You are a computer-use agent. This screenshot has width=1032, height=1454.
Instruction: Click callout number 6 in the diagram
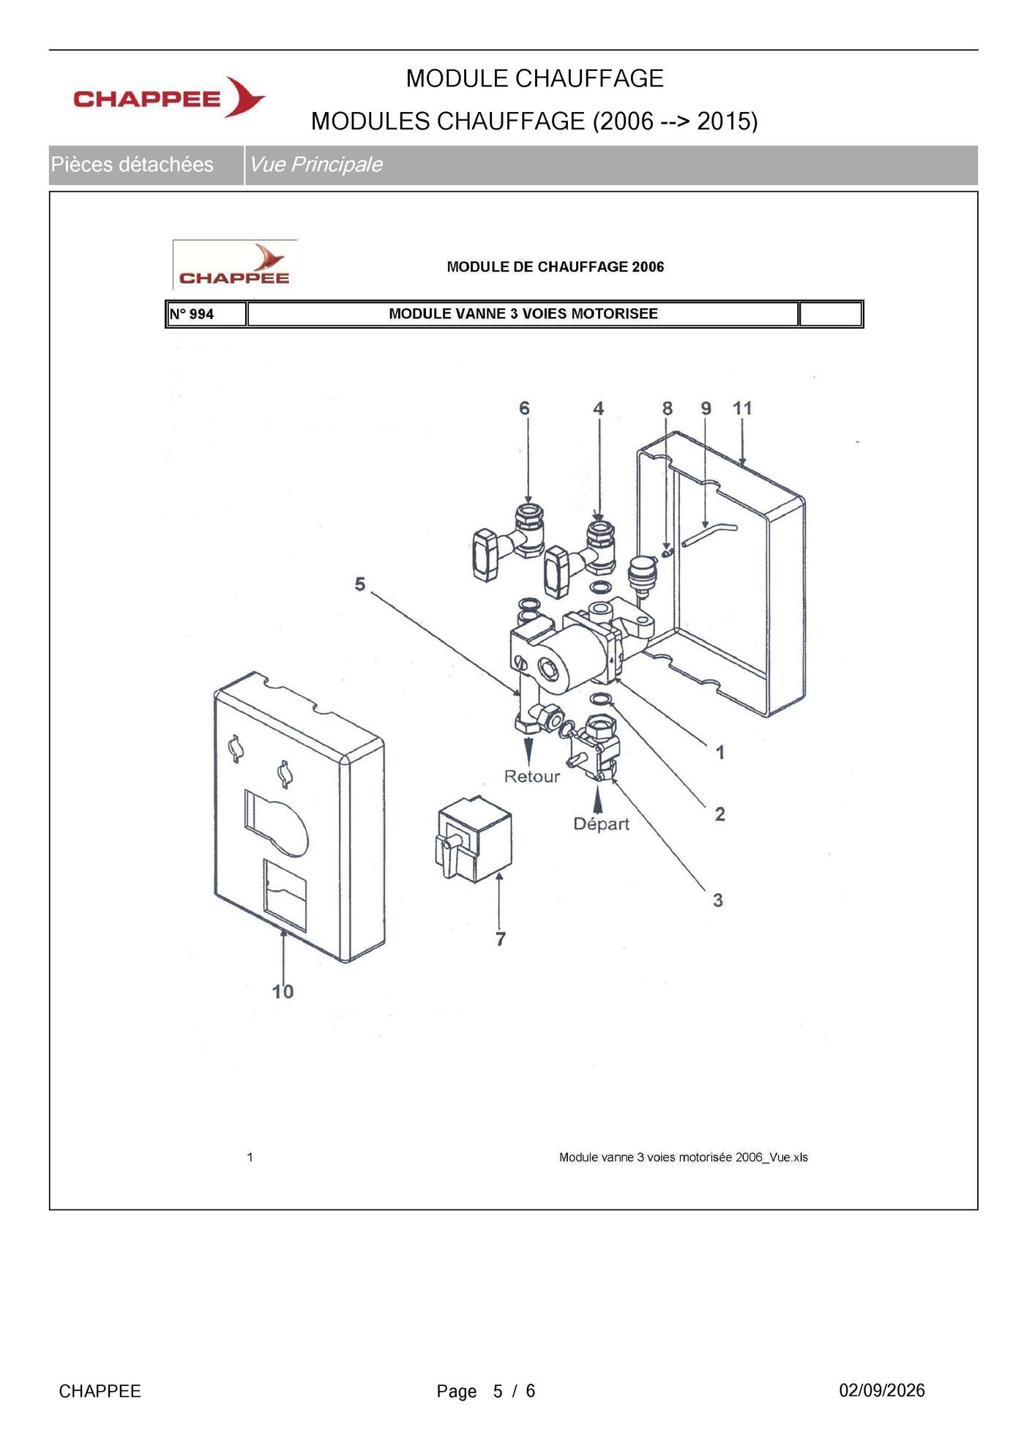click(x=524, y=409)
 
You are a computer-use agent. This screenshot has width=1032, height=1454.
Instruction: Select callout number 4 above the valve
click(x=599, y=409)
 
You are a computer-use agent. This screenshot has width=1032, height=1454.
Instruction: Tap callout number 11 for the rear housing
click(x=742, y=409)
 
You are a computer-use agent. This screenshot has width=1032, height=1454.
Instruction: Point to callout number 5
click(x=359, y=584)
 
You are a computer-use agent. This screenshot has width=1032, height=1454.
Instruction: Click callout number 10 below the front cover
click(x=283, y=991)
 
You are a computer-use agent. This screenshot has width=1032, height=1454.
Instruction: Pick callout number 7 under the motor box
click(x=501, y=939)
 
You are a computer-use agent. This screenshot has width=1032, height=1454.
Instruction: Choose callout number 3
click(x=718, y=900)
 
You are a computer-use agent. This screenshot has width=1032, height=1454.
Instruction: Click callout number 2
click(x=719, y=814)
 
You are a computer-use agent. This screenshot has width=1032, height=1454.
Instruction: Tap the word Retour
click(x=532, y=776)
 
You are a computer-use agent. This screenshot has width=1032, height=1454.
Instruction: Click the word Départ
click(x=601, y=824)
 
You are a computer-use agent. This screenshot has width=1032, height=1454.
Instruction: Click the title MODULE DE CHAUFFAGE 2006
click(x=556, y=266)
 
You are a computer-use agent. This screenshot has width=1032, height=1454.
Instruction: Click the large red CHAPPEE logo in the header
click(x=169, y=97)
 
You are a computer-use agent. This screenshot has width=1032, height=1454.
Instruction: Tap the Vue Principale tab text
click(x=315, y=165)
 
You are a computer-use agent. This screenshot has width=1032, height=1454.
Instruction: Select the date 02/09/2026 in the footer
click(x=882, y=1390)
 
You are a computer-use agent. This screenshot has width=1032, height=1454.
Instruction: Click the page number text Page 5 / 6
click(x=486, y=1391)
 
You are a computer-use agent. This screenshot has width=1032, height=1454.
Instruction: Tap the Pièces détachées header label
click(x=132, y=165)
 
